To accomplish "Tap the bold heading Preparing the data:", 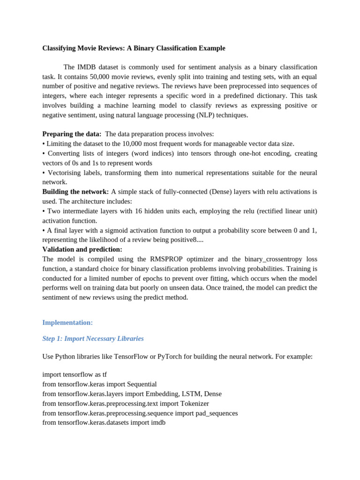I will click(x=72, y=134).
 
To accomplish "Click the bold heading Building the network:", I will click(x=75, y=192).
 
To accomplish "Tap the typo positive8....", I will click(x=180, y=240).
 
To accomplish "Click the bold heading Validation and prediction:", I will click(x=82, y=249).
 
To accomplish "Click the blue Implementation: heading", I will click(x=67, y=322).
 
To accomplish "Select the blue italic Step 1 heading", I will click(x=93, y=338).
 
